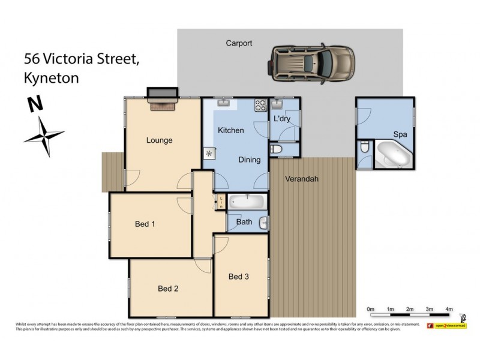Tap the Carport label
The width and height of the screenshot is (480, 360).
(x=238, y=43)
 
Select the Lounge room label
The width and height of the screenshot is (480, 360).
(x=159, y=140)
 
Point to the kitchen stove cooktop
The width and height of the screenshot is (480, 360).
(x=261, y=105)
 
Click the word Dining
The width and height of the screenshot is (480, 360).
(x=249, y=160)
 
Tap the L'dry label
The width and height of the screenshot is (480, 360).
(x=282, y=119)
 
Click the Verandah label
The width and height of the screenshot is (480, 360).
(x=301, y=179)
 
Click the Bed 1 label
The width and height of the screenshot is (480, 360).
(x=145, y=224)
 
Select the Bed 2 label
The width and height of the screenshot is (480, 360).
(x=168, y=289)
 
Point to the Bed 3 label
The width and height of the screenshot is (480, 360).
(x=238, y=277)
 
